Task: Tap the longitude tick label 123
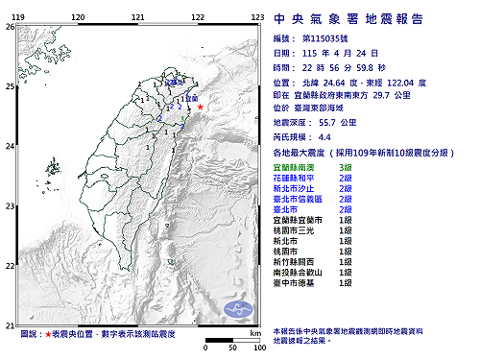257,18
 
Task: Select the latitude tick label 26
9,27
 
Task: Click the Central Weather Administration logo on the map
239,308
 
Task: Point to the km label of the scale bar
254,333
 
